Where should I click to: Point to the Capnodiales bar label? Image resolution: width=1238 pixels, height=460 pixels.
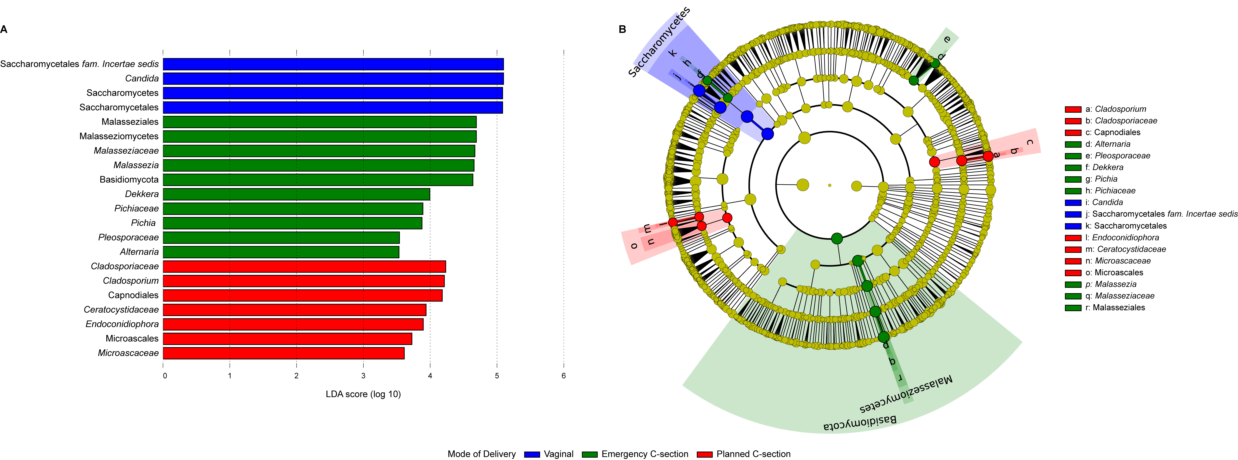pyautogui.click(x=133, y=295)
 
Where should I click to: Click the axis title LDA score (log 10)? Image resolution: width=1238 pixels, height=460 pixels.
pyautogui.click(x=363, y=394)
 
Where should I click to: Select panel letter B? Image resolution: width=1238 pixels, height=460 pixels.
pyautogui.click(x=622, y=29)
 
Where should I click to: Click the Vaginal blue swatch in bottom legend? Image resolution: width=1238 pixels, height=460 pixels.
pyautogui.click(x=532, y=454)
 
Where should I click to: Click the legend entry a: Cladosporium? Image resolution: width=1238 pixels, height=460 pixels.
pyautogui.click(x=1105, y=109)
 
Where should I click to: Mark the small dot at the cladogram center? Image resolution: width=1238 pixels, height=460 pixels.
pyautogui.click(x=830, y=185)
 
